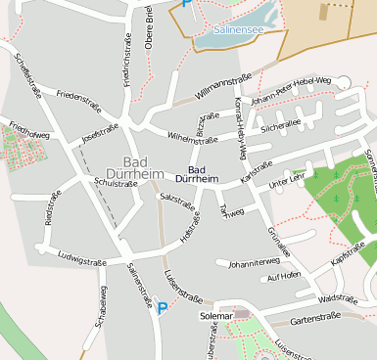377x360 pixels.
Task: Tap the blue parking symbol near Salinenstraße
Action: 163,308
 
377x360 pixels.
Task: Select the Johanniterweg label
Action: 254,262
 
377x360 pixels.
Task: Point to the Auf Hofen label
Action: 284,277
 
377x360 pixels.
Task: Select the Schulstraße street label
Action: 110,182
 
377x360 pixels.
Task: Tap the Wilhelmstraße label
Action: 192,139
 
